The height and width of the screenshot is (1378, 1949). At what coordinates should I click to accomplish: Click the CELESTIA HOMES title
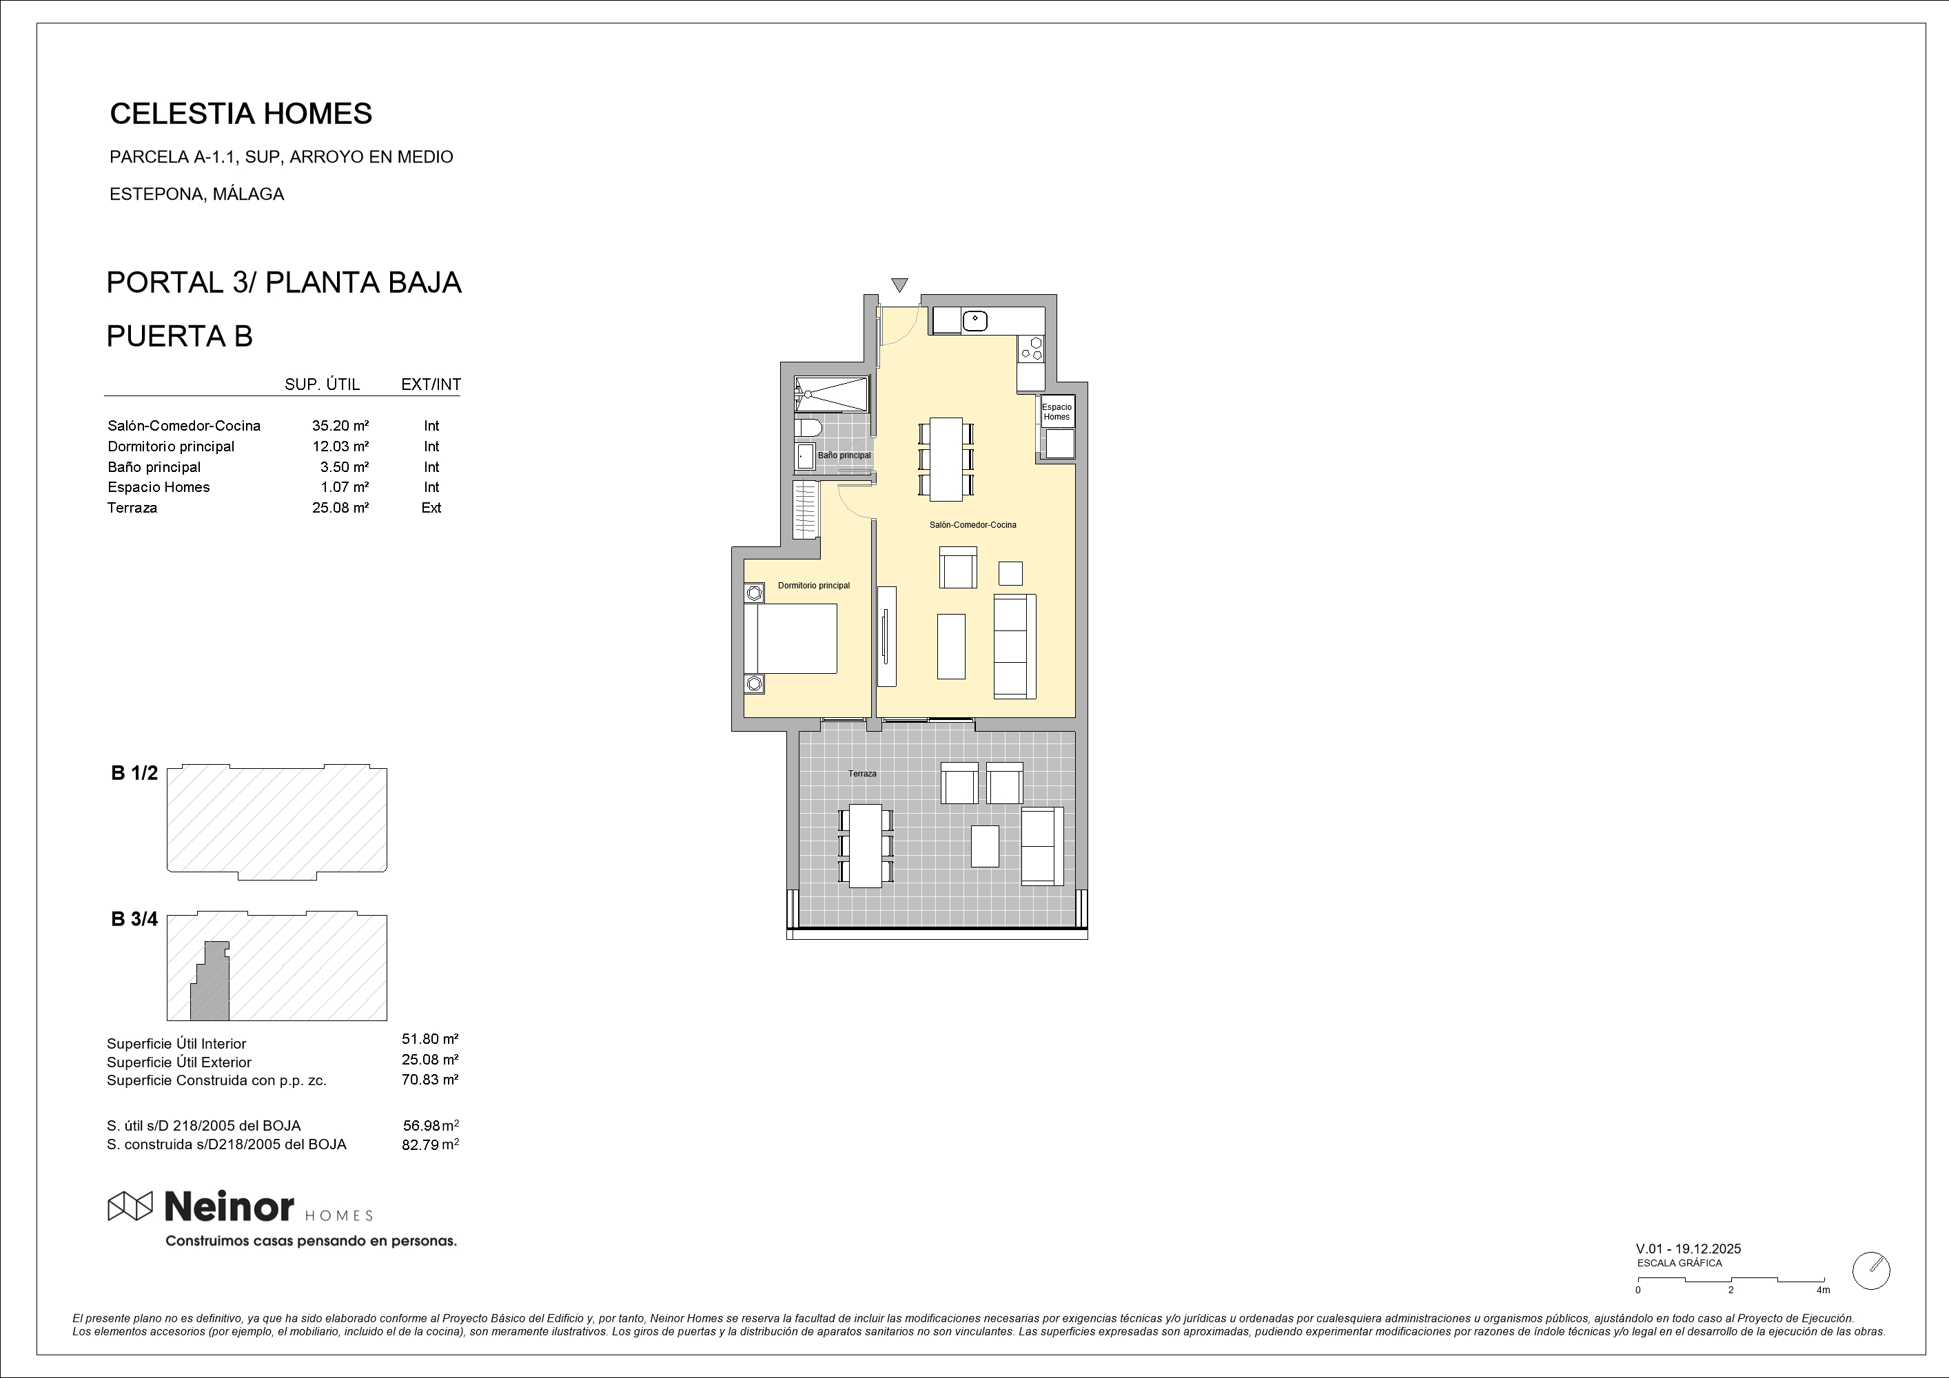(241, 114)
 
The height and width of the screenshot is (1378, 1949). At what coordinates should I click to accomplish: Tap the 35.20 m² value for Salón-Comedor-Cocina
(340, 426)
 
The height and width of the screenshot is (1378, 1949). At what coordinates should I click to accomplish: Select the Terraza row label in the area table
(132, 507)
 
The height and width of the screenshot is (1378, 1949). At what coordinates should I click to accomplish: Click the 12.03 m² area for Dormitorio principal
(340, 446)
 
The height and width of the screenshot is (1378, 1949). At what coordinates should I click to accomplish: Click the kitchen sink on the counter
(974, 321)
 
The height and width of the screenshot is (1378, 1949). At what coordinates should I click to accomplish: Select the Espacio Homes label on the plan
(1057, 411)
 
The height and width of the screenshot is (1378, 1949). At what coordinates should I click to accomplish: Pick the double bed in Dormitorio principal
(790, 638)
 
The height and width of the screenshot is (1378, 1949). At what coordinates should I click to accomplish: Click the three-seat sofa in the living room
(1015, 646)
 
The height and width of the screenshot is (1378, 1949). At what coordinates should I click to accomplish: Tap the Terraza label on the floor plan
(862, 774)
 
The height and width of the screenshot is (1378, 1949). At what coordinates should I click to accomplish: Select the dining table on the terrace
(866, 846)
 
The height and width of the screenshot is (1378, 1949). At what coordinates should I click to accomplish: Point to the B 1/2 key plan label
(134, 773)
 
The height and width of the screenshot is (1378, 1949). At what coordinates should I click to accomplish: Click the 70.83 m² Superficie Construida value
(430, 1080)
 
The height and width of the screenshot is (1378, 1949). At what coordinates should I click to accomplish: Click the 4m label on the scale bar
(1822, 1290)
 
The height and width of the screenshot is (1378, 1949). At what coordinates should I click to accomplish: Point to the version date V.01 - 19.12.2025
(1688, 1249)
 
